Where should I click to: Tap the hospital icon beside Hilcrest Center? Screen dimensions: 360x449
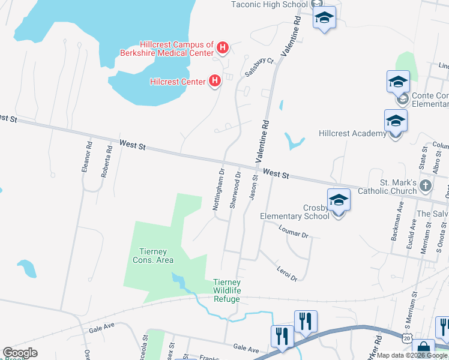point(214,81)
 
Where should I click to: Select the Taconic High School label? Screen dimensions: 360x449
point(270,4)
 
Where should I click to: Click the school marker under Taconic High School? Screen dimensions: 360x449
point(324,17)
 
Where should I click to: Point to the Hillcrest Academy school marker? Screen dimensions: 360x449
point(396,121)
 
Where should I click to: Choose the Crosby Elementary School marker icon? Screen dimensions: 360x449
point(339,200)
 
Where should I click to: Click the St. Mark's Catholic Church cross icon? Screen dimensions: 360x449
point(426,185)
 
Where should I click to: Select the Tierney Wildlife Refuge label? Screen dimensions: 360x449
point(227,290)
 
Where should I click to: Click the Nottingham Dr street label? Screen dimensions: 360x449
point(218,189)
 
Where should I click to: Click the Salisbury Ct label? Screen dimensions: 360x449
point(259,67)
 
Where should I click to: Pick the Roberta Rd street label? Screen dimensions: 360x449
point(106,160)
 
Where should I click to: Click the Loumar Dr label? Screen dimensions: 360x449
point(294,231)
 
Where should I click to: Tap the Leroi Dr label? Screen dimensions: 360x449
point(286,274)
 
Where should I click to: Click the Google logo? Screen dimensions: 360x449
point(20,353)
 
